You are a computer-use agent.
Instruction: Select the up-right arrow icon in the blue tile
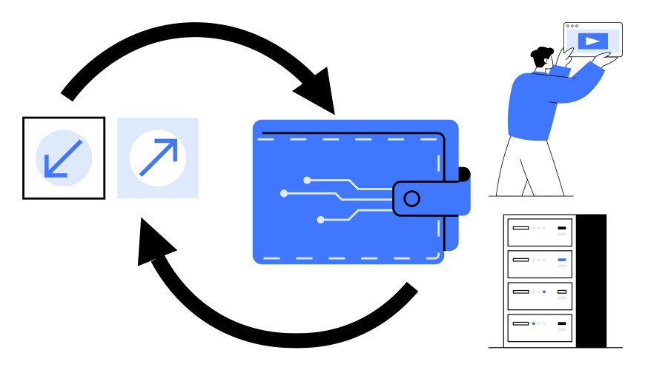(x=159, y=157)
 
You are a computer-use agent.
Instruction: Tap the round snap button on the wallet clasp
(x=411, y=198)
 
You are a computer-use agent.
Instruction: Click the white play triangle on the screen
(x=592, y=41)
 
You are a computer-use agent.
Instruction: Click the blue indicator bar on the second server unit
(x=562, y=260)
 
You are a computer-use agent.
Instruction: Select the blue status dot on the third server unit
(x=544, y=292)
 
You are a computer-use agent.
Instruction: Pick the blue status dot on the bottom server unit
(x=533, y=324)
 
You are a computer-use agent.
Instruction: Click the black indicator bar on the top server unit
(x=562, y=228)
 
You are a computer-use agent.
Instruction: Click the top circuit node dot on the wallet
(x=306, y=179)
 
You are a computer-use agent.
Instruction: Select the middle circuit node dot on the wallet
(x=284, y=193)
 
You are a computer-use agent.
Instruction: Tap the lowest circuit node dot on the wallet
(x=320, y=220)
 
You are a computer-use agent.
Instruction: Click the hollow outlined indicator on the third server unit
(x=562, y=292)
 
